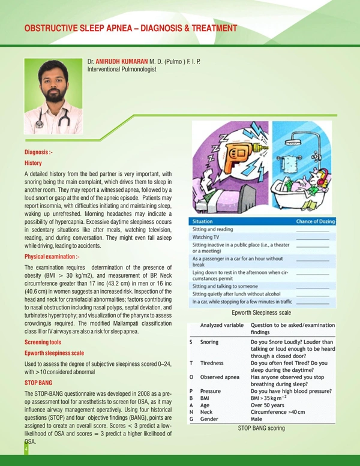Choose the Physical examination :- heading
tap(52, 257)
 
